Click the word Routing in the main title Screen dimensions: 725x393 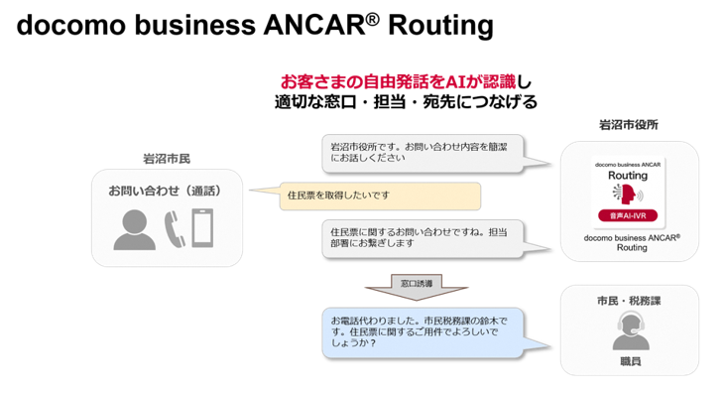tap(440, 26)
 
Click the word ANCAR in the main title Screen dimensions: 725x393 tap(314, 25)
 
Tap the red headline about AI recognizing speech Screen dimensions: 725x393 tap(398, 82)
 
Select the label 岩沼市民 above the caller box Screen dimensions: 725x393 tap(167, 159)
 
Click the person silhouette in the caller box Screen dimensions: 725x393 tap(135, 229)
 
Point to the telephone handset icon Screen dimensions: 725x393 tap(175, 228)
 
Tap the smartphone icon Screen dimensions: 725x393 tap(202, 227)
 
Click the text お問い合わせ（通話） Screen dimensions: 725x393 tap(166, 191)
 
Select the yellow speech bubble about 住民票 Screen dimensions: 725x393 tap(380, 196)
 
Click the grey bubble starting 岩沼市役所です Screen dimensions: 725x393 tap(423, 153)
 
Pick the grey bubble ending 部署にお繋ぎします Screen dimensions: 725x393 tap(423, 238)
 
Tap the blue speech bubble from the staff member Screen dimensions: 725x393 tap(423, 332)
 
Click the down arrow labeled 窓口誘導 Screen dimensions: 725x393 tap(417, 287)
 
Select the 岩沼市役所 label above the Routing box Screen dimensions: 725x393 tap(629, 124)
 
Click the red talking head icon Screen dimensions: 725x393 tap(628, 194)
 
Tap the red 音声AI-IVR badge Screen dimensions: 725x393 tap(628, 215)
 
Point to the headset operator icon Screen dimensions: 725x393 tap(631, 330)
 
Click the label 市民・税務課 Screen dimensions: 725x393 tap(629, 301)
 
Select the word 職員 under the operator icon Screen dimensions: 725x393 tap(631, 361)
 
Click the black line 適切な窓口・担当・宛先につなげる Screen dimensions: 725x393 tap(406, 102)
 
